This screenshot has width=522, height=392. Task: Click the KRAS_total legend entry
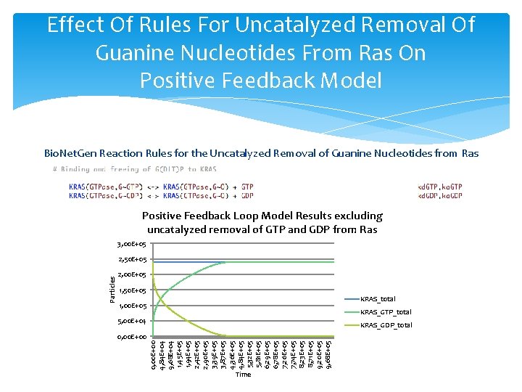coord(377,299)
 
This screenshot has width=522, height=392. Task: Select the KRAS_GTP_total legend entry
coord(385,312)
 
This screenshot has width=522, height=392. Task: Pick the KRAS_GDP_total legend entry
coord(385,325)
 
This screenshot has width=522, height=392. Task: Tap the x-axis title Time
coord(243,375)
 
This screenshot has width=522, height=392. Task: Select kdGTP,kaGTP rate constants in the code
coord(440,187)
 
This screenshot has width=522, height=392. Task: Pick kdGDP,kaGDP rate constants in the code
coord(440,196)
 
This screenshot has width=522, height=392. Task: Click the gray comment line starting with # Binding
coord(134,169)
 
